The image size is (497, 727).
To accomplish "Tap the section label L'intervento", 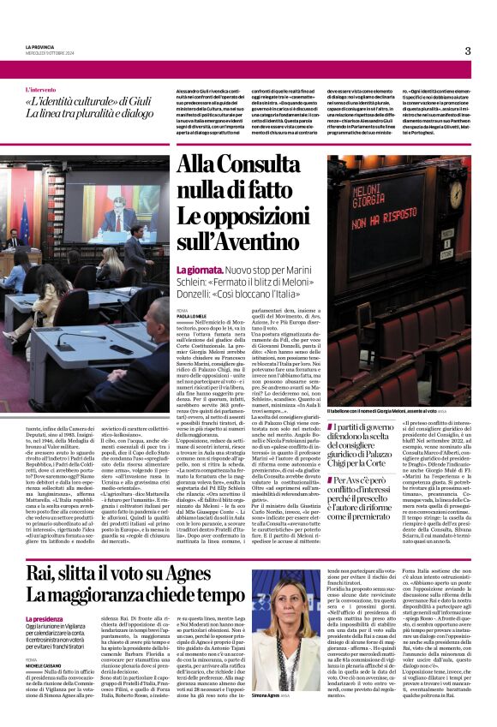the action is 45,89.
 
